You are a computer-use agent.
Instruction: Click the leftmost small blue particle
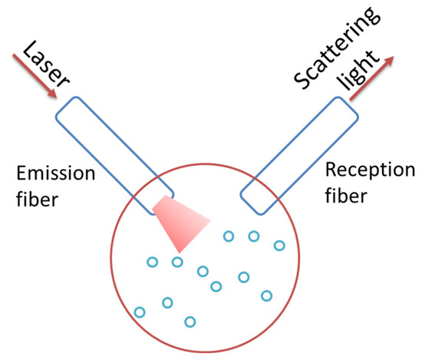pyautogui.click(x=140, y=312)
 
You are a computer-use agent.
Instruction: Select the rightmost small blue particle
pyautogui.click(x=279, y=246)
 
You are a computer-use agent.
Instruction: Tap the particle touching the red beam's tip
pyautogui.click(x=177, y=262)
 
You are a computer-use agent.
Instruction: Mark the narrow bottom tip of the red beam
pyautogui.click(x=180, y=251)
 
